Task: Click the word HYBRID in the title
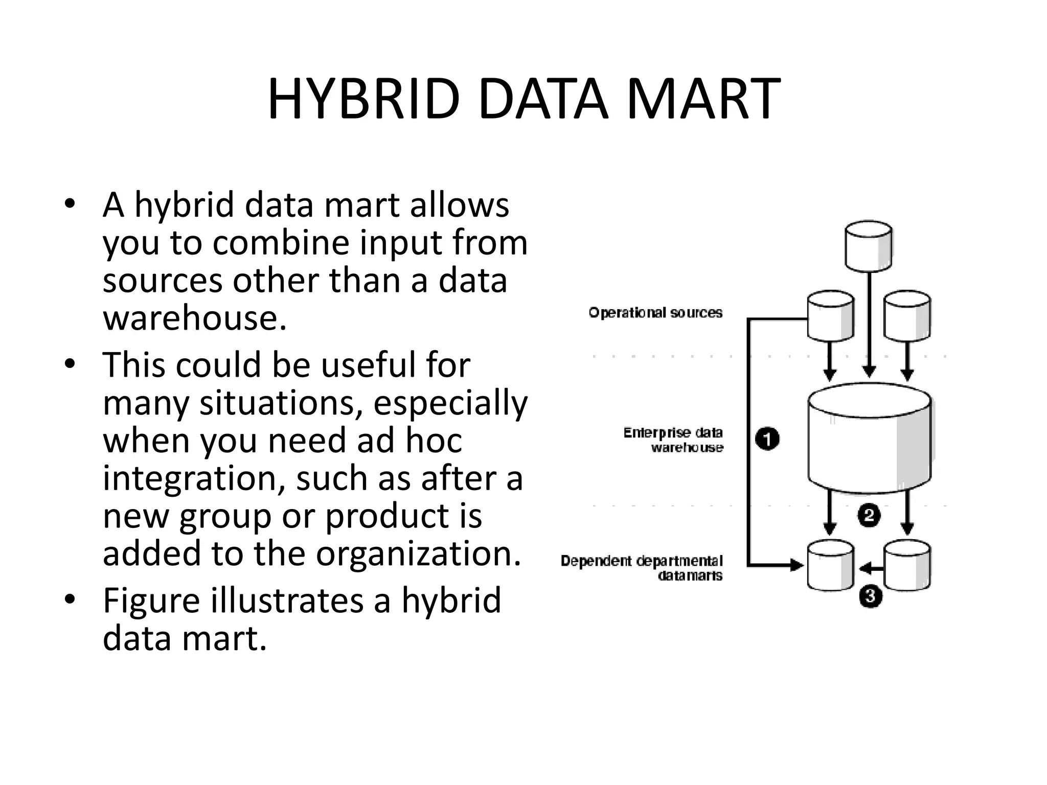coord(363,99)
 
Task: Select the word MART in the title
coord(703,99)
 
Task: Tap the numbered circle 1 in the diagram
coord(767,440)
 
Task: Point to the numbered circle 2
coord(869,516)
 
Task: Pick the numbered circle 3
coord(870,596)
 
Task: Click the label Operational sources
coord(655,313)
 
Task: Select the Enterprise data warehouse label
coord(673,440)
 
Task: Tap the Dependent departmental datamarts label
coord(642,568)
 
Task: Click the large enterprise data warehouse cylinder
coord(869,440)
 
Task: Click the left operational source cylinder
coord(830,315)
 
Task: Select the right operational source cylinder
coord(907,315)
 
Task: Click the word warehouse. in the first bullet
coord(195,318)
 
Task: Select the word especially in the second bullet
coord(450,403)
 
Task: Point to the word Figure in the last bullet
coord(151,601)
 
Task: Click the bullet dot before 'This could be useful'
coord(70,364)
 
